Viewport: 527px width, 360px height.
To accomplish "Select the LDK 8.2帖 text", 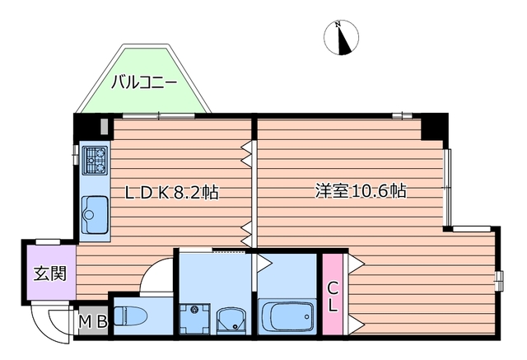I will [171, 193].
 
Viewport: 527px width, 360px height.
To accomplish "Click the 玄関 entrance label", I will [49, 274].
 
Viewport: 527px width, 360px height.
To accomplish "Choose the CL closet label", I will [332, 297].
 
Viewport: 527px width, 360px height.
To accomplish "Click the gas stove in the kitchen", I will [95, 159].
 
